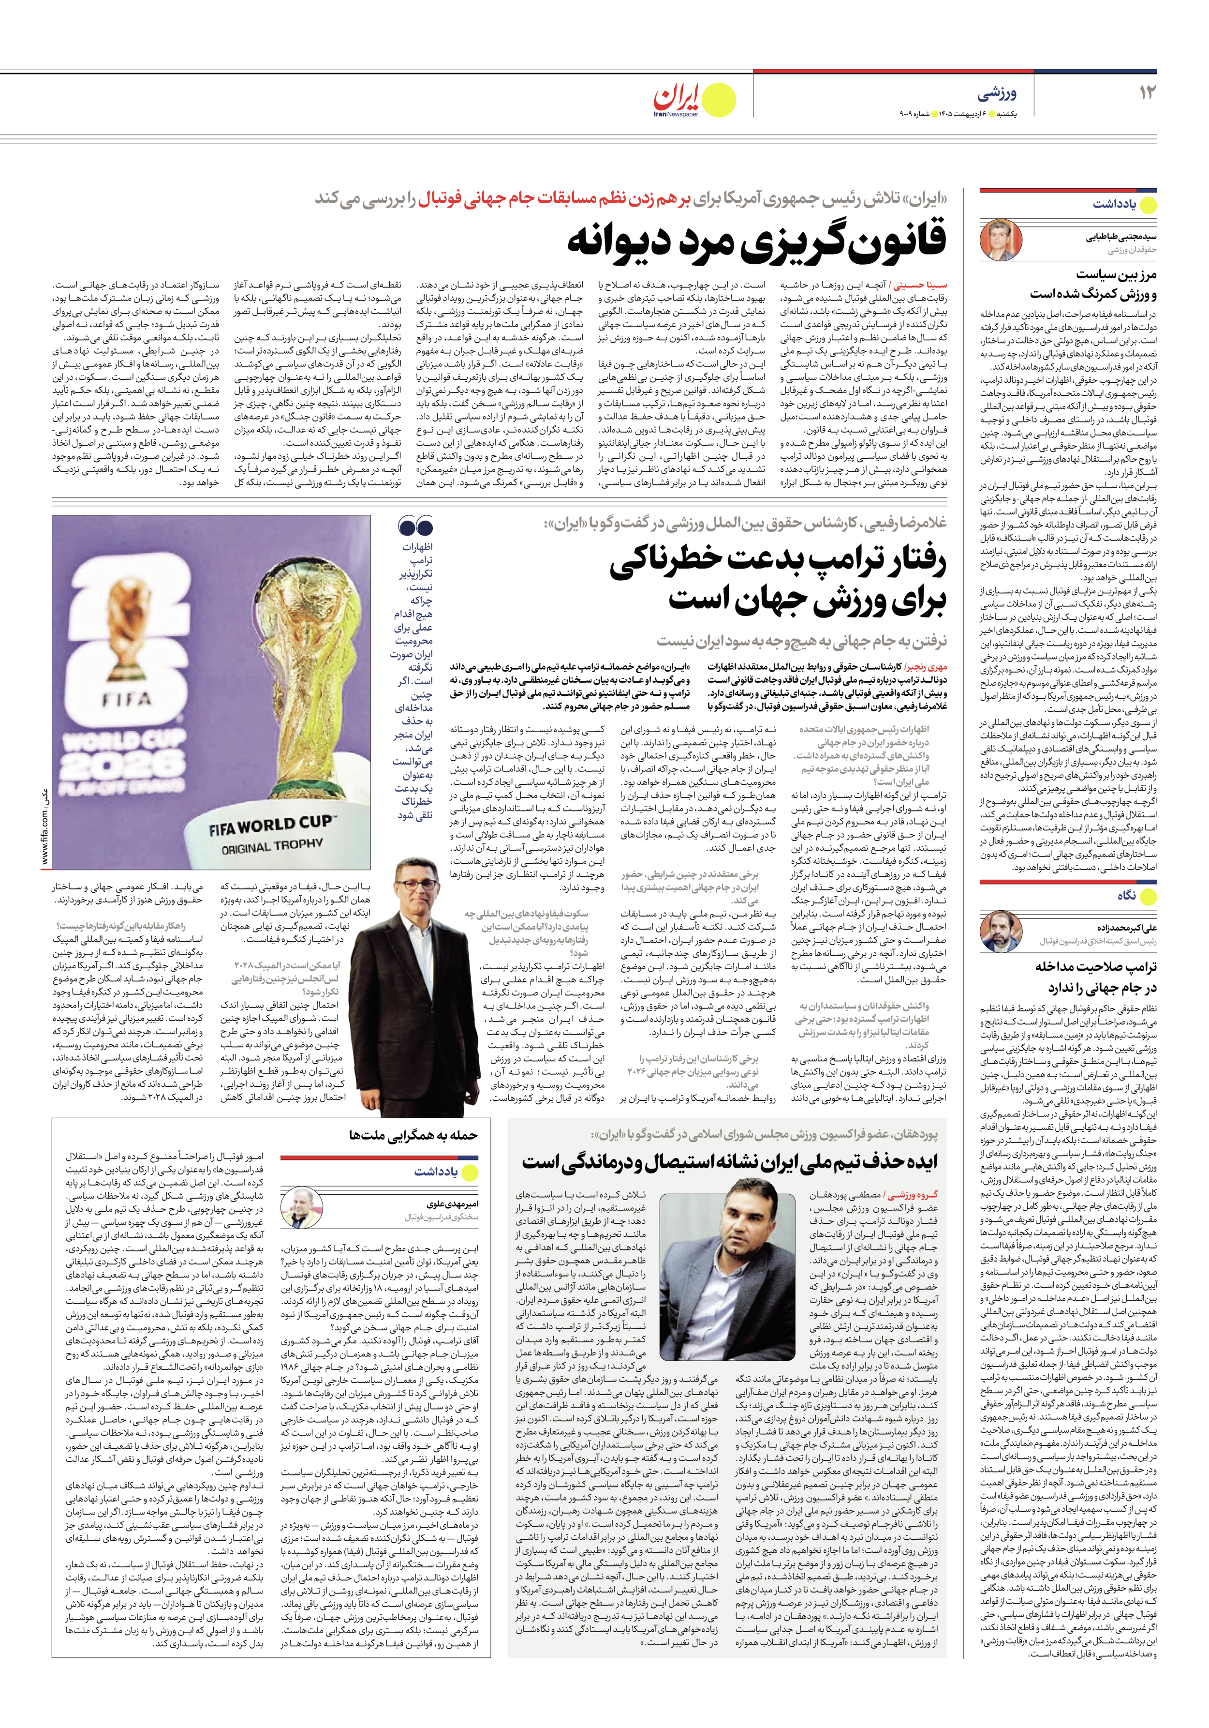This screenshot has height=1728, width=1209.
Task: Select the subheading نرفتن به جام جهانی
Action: click(x=802, y=641)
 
